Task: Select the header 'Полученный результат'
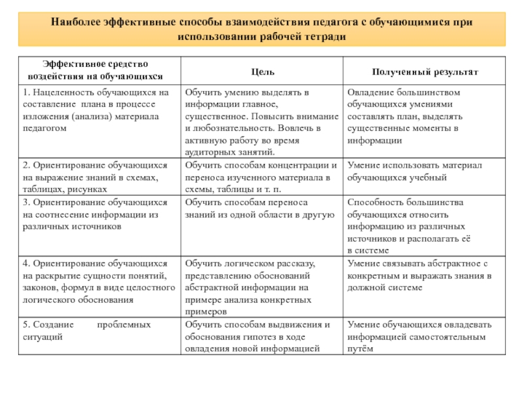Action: pyautogui.click(x=425, y=71)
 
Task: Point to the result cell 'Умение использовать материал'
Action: pyautogui.click(x=425, y=171)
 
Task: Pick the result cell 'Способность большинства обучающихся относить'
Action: pyautogui.click(x=425, y=226)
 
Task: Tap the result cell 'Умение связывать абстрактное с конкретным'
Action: pyautogui.click(x=425, y=275)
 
